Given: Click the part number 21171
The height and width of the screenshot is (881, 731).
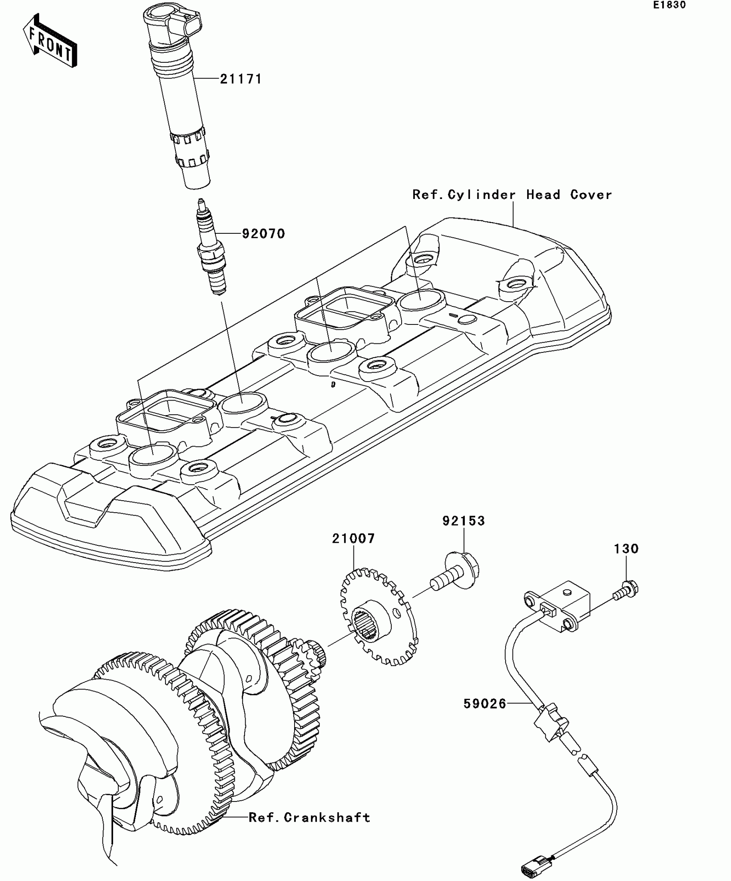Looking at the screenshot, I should pyautogui.click(x=241, y=80).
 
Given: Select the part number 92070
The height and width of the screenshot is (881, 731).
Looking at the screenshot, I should pyautogui.click(x=263, y=234).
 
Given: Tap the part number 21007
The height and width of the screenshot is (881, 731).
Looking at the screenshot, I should pyautogui.click(x=353, y=538).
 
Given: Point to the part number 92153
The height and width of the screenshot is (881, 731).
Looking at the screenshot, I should pyautogui.click(x=464, y=521).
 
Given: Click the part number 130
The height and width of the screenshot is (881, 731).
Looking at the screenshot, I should pyautogui.click(x=626, y=549).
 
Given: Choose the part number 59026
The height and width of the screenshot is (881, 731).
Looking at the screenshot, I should pyautogui.click(x=485, y=704).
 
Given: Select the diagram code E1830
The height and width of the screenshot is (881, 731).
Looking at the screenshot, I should pyautogui.click(x=670, y=6).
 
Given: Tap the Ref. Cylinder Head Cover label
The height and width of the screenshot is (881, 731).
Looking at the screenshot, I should pyautogui.click(x=512, y=195).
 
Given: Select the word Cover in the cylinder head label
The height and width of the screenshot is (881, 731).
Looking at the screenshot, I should pyautogui.click(x=591, y=195).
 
